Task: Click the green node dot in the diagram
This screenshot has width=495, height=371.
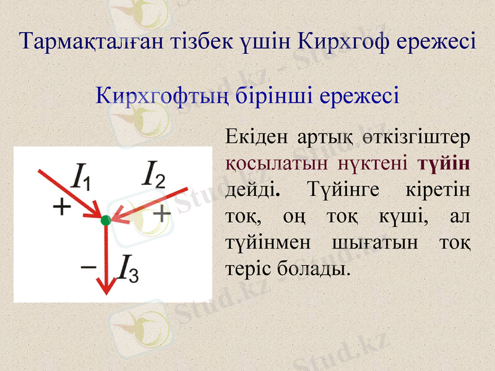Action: tap(105, 220)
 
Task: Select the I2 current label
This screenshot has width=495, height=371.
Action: tap(154, 174)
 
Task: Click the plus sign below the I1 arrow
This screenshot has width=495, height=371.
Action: tap(61, 207)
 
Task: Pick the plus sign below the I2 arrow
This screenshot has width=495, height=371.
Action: tap(161, 214)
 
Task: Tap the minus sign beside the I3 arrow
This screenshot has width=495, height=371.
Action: tap(88, 267)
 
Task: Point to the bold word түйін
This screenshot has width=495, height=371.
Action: tap(444, 163)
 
